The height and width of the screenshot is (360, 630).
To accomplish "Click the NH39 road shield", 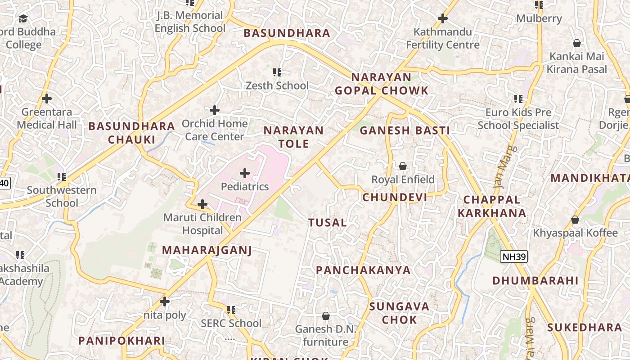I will pos(513,256).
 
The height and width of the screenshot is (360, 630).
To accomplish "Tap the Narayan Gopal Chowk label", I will pos(381,84).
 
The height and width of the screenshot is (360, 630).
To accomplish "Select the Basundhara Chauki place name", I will pos(131,133).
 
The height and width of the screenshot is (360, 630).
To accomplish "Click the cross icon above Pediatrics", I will pos(245,173).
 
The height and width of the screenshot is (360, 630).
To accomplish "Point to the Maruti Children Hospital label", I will pos(202,224).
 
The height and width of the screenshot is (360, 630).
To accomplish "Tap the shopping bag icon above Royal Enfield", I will pos(403,166).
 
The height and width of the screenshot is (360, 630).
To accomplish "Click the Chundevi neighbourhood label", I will pos(395,198).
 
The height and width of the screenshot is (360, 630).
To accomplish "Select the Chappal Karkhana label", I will pos(492,206).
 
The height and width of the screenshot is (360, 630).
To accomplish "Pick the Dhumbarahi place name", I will pos(535,281).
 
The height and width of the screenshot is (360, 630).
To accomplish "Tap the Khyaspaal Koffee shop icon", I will pos(575,220).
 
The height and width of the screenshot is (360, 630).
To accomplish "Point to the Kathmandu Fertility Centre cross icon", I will pos(443,18).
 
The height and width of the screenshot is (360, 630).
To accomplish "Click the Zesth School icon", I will pos(277,72).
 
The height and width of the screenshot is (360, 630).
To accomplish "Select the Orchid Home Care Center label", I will pos(215,130).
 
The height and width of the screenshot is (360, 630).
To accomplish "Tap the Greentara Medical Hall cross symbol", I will pos(46,98).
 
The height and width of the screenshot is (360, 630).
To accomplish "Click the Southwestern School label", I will pos(62,196).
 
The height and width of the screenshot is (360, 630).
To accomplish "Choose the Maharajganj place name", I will pos(207,250).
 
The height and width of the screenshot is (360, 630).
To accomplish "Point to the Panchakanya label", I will pos(363,270).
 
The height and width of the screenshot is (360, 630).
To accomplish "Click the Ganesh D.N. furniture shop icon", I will pos(325,316).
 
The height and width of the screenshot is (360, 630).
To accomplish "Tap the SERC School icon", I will pos(231,310).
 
